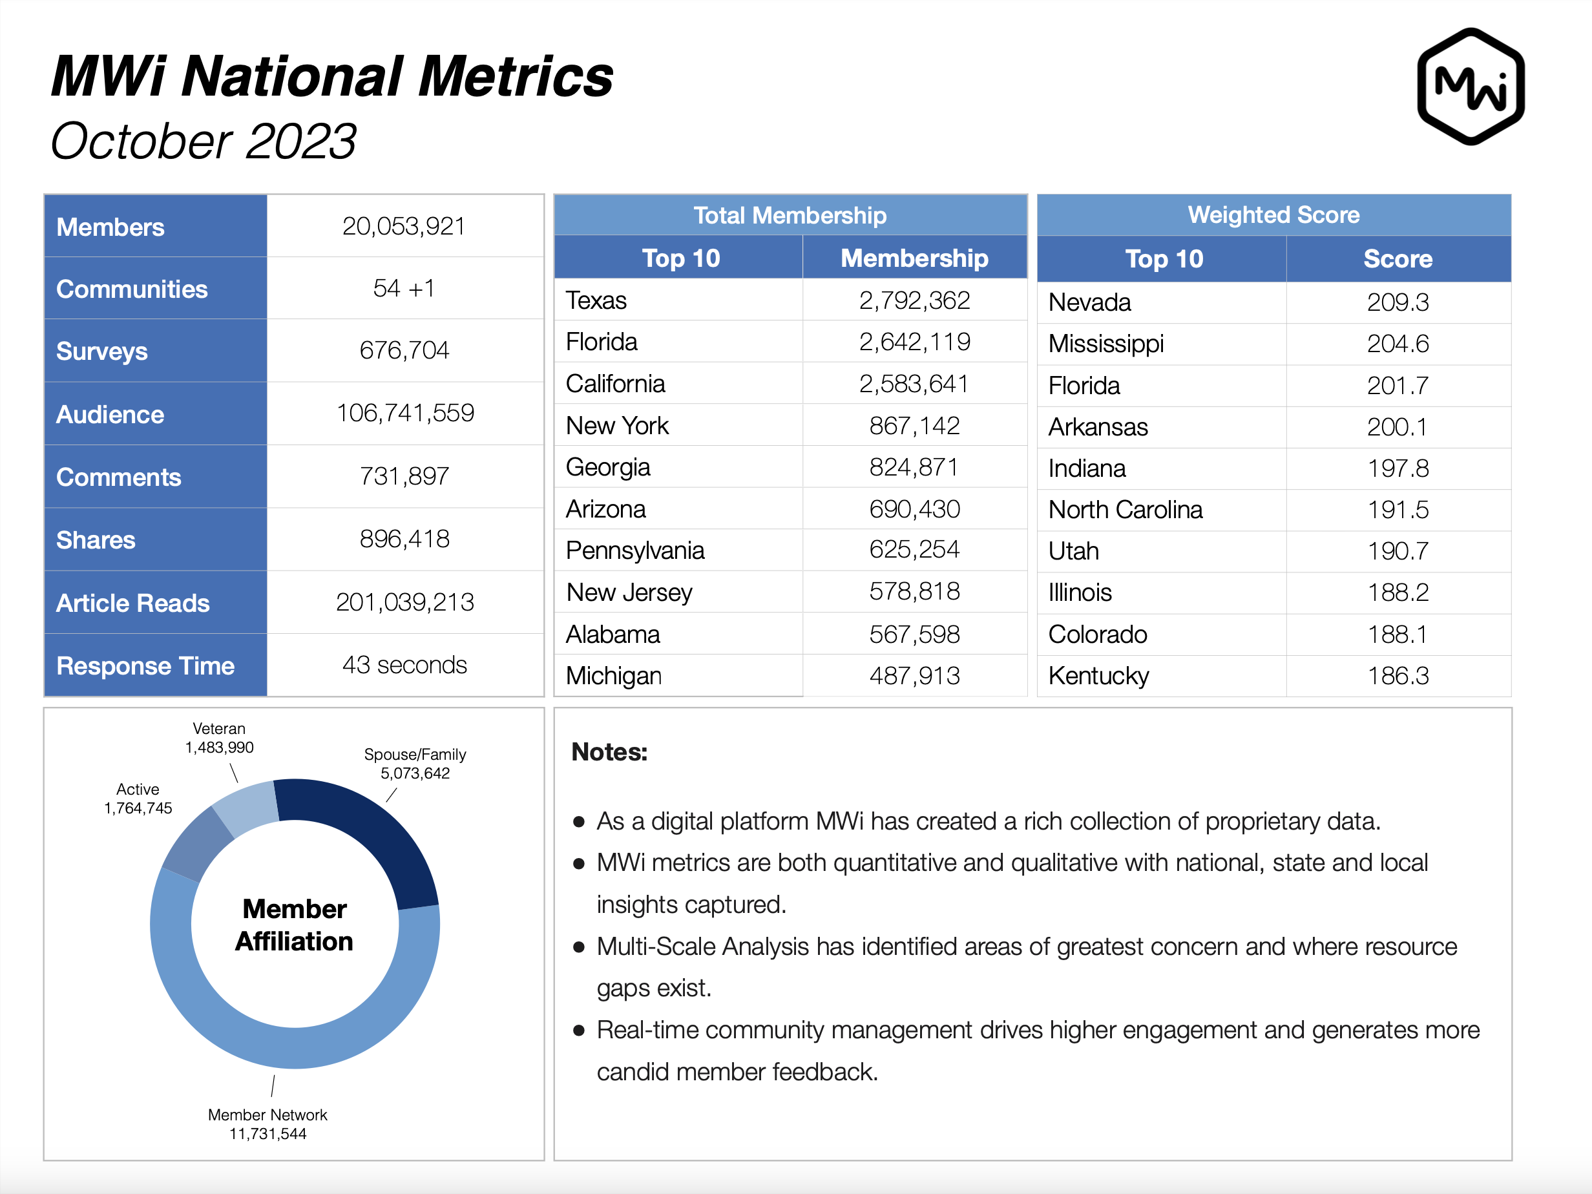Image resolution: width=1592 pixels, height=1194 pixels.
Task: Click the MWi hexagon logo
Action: [x=1471, y=87]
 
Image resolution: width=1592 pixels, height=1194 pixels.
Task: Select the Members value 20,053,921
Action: [x=404, y=226]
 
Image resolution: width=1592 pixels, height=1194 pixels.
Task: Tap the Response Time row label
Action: [x=145, y=665]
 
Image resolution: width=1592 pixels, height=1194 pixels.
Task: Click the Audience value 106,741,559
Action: [x=405, y=412]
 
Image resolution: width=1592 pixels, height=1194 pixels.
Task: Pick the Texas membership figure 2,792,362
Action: [x=914, y=300]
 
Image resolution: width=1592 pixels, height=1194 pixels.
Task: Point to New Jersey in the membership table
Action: [x=629, y=592]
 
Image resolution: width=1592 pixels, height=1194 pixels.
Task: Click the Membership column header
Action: [x=914, y=258]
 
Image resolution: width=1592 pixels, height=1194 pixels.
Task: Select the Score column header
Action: [x=1398, y=258]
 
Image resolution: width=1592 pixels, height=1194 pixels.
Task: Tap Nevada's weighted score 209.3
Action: [x=1398, y=302]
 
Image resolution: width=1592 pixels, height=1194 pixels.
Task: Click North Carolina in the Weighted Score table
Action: [x=1125, y=510]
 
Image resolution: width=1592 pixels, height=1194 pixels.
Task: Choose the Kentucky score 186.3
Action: [x=1398, y=675]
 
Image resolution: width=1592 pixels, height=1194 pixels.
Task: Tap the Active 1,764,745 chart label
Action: [x=138, y=798]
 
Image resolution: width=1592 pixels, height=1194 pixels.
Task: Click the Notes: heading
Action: [x=609, y=751]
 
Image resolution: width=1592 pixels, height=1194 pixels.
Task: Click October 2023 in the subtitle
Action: [x=203, y=140]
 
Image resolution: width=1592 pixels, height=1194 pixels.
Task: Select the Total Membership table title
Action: [x=790, y=215]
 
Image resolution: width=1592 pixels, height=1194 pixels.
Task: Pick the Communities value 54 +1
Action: [x=404, y=288]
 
